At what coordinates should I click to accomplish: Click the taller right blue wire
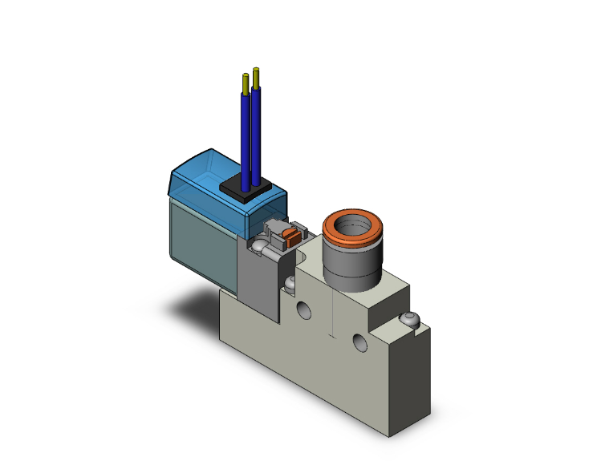(256, 128)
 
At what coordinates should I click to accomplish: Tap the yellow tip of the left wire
(245, 82)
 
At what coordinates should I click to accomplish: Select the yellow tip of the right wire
(256, 76)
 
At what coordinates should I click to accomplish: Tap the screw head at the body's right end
(410, 321)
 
